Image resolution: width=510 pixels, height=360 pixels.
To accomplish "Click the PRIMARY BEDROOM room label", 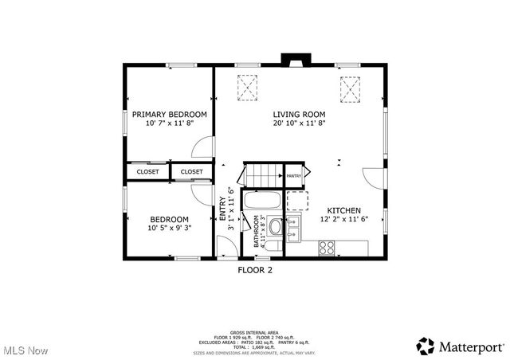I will click(170, 114).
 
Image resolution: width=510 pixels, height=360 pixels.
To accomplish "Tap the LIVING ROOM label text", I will click(299, 114).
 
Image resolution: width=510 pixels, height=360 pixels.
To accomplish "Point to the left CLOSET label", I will click(147, 171).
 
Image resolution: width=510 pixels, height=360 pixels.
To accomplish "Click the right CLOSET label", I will click(191, 171).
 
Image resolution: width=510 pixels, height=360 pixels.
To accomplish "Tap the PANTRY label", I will click(294, 175).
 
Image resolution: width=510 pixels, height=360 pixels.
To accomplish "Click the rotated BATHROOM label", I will click(257, 231).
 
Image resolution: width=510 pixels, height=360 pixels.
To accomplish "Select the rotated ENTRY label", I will click(223, 209).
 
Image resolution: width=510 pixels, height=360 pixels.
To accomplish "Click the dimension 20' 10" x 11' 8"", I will click(299, 123).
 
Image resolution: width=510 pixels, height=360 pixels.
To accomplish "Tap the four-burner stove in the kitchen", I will click(327, 248).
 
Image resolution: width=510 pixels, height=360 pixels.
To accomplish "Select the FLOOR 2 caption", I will click(255, 270).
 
